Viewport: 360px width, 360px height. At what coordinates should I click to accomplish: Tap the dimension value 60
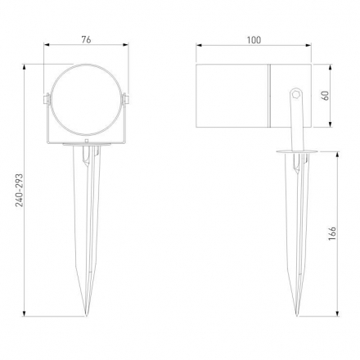click(x=326, y=94)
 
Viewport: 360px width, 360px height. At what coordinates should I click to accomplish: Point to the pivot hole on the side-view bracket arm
click(x=295, y=97)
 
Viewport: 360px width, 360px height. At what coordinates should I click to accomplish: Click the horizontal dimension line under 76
click(x=85, y=47)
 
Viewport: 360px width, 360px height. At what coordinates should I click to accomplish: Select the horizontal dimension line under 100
click(x=255, y=47)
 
